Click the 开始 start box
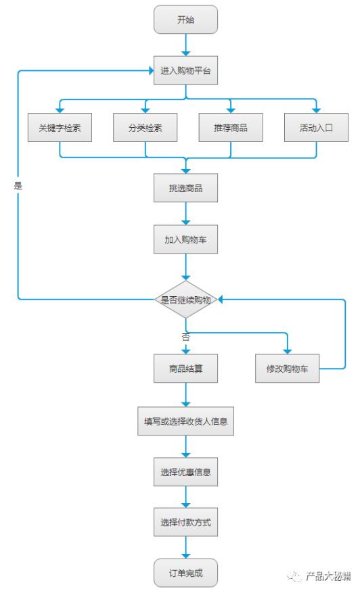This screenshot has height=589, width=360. point(185,20)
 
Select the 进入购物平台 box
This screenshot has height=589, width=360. point(185,70)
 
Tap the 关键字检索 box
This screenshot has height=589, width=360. point(60,128)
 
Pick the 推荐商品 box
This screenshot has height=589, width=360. point(230,128)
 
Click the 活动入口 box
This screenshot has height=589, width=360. point(316,128)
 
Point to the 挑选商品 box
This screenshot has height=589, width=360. point(185,188)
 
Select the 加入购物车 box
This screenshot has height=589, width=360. point(185,239)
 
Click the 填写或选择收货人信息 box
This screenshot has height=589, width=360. point(185,421)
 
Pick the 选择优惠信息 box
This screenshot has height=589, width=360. point(185,472)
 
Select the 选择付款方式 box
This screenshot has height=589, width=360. point(185,523)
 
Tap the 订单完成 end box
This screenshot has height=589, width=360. point(185,573)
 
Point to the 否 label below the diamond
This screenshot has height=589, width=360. point(185,336)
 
